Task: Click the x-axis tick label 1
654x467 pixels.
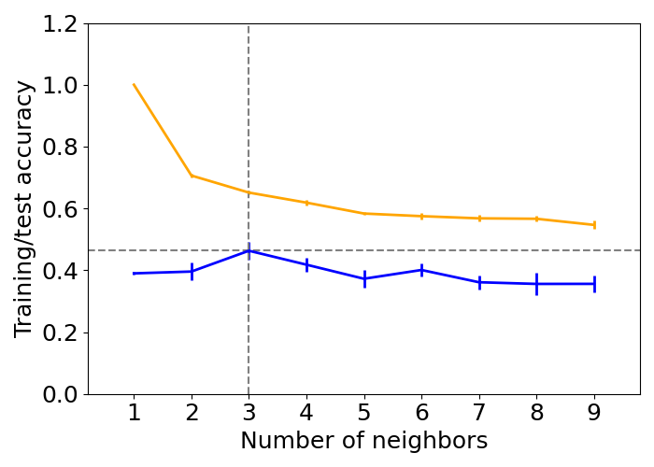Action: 134,413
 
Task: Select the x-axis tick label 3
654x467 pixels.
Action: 249,413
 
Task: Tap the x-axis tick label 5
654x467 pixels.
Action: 364,413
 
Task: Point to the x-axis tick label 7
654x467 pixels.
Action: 479,413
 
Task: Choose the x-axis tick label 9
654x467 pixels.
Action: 594,413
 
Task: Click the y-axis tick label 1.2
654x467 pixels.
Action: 60,24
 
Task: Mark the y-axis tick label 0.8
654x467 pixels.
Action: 60,148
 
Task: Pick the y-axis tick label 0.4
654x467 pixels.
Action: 60,271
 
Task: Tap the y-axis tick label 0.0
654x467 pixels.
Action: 60,394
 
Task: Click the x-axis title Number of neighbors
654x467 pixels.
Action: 363,442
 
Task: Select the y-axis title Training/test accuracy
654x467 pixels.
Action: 24,208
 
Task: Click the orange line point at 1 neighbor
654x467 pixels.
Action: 134,85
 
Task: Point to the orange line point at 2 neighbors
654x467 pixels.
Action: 192,176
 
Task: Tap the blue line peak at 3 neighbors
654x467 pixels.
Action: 249,250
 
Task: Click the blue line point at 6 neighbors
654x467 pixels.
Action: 421,270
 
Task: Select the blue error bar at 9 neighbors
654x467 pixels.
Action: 594,284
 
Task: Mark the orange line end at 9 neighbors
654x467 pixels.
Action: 594,225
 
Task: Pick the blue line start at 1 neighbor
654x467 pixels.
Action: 134,274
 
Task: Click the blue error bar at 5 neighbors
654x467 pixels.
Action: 364,278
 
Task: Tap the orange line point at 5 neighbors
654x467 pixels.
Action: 364,214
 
